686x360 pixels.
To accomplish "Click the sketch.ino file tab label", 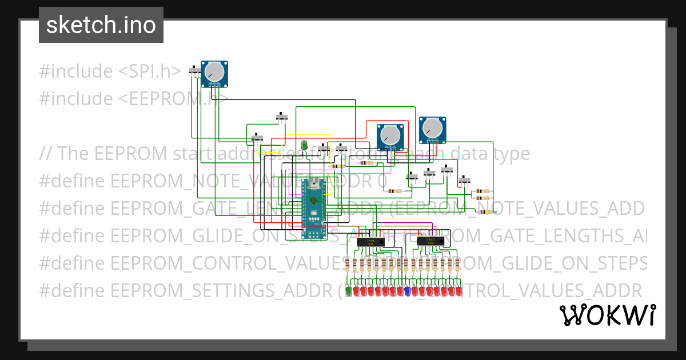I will click(x=101, y=25).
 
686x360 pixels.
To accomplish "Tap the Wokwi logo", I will click(x=607, y=315).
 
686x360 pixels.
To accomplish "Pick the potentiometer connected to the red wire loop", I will click(x=390, y=135).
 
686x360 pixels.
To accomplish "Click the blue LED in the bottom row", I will click(x=407, y=291).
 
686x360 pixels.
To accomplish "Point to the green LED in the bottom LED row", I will click(x=348, y=291).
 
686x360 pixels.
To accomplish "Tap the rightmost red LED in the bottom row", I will click(x=458, y=291).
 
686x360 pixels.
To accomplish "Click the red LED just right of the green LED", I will click(x=356, y=291).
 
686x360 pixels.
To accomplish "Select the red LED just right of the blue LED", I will click(x=414, y=291).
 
